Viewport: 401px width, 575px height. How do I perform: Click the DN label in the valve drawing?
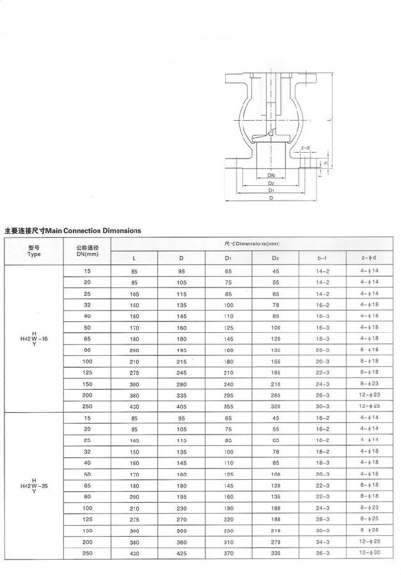(x=271, y=174)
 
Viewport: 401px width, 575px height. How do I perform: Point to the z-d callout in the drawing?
(x=305, y=148)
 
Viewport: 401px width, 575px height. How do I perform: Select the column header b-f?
(x=323, y=258)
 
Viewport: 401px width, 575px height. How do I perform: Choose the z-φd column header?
(x=369, y=258)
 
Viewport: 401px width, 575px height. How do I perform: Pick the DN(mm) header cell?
(x=87, y=251)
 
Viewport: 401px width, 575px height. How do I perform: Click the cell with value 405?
(x=182, y=406)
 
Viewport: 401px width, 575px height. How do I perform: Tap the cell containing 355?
(x=228, y=406)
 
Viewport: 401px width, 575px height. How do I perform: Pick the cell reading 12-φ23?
(x=369, y=395)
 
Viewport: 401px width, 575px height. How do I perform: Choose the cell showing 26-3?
(x=323, y=395)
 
